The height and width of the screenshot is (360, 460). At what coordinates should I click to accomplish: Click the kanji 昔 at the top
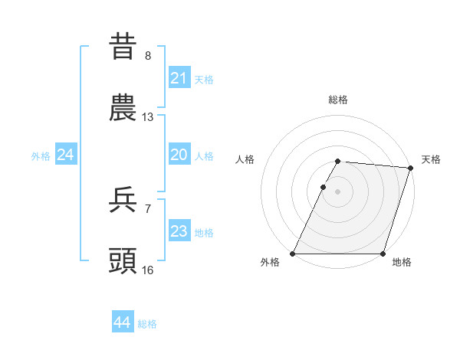[123, 45]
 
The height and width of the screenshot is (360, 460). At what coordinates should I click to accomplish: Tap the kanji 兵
[123, 199]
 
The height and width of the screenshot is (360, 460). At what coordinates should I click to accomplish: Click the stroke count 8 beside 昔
[148, 55]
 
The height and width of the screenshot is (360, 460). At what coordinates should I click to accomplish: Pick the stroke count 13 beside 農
[148, 117]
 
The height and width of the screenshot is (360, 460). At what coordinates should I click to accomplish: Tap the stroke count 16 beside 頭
[148, 270]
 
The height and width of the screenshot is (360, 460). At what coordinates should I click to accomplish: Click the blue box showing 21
[179, 78]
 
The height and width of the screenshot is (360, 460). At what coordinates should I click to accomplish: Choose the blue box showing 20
[179, 155]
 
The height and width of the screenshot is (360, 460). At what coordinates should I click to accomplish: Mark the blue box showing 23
[179, 231]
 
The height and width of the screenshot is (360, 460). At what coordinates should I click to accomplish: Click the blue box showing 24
[65, 155]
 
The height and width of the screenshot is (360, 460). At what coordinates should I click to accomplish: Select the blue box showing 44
[122, 323]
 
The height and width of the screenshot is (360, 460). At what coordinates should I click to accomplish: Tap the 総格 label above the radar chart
[338, 100]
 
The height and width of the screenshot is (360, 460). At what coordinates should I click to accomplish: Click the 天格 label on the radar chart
[431, 159]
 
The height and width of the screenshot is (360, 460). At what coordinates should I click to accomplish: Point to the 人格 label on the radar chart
[246, 159]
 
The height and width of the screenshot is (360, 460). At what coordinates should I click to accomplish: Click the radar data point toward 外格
[293, 254]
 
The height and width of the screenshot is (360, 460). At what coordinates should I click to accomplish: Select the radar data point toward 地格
[383, 254]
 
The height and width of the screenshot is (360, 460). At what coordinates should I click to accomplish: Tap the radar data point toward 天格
[411, 168]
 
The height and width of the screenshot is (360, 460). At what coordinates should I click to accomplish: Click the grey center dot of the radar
[338, 191]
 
